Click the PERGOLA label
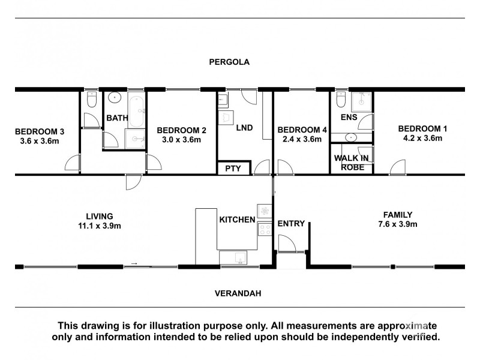coord(229,62)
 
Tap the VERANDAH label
coord(238,293)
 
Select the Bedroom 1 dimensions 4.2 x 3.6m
coord(422,138)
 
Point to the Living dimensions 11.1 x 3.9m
coord(100,226)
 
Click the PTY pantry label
coord(233,169)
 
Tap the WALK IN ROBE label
coord(352,163)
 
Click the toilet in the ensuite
coord(341,99)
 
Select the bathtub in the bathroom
coord(136,112)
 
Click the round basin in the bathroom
coord(115,98)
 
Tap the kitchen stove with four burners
coord(265,229)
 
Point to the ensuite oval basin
coord(351,137)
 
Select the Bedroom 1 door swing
coord(397,167)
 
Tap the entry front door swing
coord(287,243)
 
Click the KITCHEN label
coord(237,220)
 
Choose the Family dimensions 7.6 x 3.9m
coord(398,224)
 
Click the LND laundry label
coord(244,128)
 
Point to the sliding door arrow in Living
coord(134,263)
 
